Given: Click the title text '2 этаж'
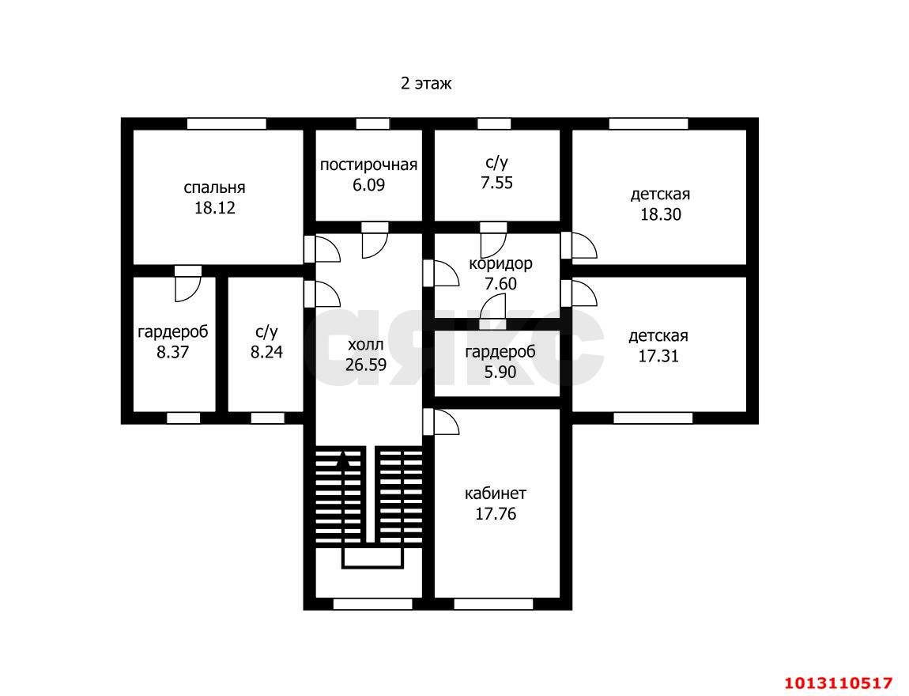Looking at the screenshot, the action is (x=426, y=84).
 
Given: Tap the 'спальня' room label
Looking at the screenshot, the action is (x=214, y=187).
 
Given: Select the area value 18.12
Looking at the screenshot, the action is (x=214, y=208).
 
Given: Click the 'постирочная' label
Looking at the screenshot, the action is (x=368, y=165).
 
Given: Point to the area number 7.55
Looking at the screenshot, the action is (x=497, y=183).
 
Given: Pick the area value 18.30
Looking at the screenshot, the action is (x=661, y=214).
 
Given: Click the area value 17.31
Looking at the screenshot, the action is (x=658, y=356).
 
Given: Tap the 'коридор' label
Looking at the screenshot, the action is (x=501, y=264).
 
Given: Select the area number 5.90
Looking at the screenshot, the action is (x=500, y=372).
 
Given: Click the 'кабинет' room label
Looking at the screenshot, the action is (x=496, y=494).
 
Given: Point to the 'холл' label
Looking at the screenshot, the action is (x=366, y=345).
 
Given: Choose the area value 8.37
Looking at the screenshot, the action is (x=173, y=352).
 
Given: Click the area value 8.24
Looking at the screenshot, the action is (x=266, y=352).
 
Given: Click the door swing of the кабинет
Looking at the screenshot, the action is (x=447, y=422).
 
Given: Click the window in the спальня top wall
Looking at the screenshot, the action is (x=227, y=123).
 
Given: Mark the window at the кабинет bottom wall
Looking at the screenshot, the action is (x=493, y=603).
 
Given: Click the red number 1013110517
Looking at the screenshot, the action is (x=839, y=682).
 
